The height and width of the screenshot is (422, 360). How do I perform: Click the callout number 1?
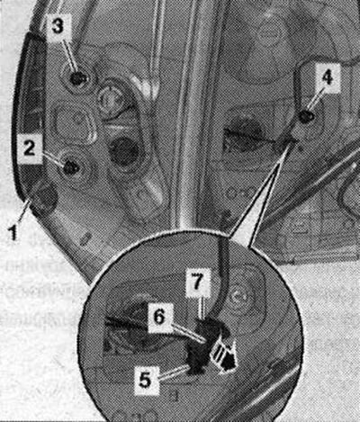[x=13, y=233]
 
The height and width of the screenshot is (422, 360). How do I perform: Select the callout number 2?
[x=29, y=148]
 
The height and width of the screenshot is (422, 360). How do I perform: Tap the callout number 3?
[x=58, y=26]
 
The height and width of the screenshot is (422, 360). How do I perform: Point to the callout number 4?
[x=327, y=77]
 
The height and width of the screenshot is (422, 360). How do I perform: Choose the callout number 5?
[x=146, y=380]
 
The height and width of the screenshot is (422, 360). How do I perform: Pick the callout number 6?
[x=158, y=317]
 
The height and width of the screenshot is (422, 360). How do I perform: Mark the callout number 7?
[x=196, y=283]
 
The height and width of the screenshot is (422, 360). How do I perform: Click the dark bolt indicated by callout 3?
[x=78, y=78]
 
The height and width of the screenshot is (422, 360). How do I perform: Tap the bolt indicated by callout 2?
[x=71, y=167]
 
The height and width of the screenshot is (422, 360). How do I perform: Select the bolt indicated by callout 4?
[x=307, y=116]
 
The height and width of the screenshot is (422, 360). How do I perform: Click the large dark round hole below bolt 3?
[x=123, y=151]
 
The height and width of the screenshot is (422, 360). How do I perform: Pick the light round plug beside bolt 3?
[x=111, y=98]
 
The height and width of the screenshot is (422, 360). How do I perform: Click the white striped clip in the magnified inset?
[x=224, y=357]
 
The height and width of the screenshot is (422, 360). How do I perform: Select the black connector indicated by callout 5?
[x=198, y=358]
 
